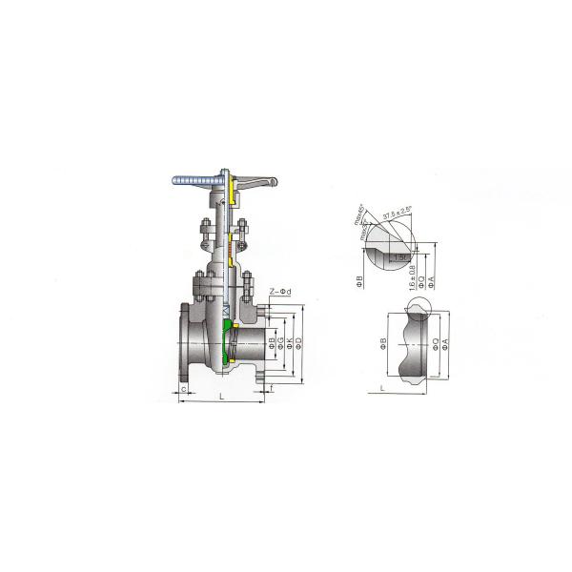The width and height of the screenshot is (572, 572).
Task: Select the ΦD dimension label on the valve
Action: click(298, 343)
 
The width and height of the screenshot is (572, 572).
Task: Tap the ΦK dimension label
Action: click(289, 343)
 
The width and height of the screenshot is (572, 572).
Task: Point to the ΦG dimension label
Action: click(280, 343)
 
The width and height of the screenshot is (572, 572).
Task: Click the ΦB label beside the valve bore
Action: click(271, 341)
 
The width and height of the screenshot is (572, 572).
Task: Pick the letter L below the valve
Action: click(220, 394)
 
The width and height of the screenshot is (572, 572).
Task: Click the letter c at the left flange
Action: click(182, 389)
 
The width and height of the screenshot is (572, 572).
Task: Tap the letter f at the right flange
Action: click(273, 389)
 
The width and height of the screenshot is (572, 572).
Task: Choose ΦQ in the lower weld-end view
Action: click(434, 345)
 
